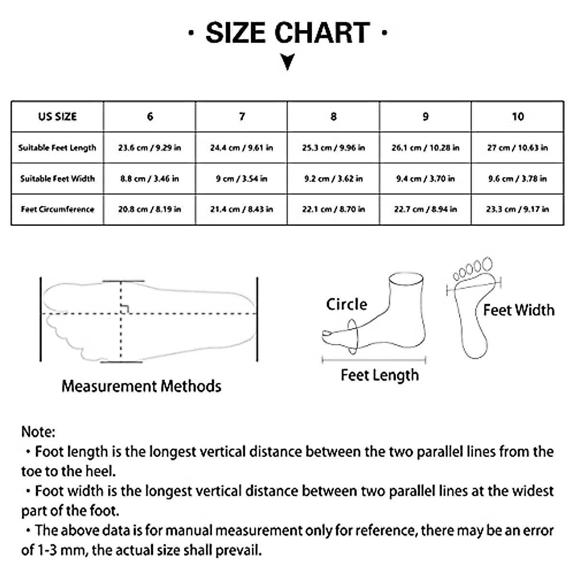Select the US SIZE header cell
click(x=57, y=116)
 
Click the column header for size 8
click(x=333, y=116)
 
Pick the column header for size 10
click(x=517, y=116)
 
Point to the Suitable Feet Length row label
click(x=57, y=148)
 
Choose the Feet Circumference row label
click(x=57, y=209)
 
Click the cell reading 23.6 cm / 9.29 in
click(x=149, y=148)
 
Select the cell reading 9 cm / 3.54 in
click(x=241, y=179)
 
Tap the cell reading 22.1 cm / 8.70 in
click(x=333, y=209)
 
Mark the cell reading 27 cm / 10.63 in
click(x=517, y=148)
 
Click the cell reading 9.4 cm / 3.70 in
click(x=425, y=179)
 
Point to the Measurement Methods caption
click(x=141, y=386)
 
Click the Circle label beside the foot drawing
click(x=346, y=304)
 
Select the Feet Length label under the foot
click(x=379, y=375)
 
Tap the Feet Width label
click(x=518, y=310)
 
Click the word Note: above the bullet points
click(x=38, y=432)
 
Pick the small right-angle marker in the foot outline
click(x=125, y=309)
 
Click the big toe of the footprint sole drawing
click(x=487, y=264)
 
